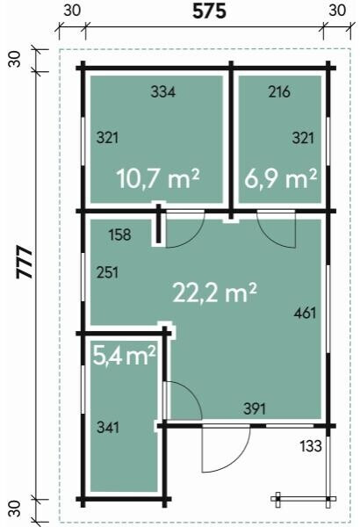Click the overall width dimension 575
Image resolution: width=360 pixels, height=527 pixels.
(209, 11)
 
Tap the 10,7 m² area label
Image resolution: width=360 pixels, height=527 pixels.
(158, 178)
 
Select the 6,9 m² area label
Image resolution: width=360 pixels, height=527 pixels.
(280, 178)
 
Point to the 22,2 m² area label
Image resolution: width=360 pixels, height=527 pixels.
(214, 292)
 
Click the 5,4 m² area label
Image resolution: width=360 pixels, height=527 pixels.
(124, 356)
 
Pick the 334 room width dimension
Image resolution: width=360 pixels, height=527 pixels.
(162, 91)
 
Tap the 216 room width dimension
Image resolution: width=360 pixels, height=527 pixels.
(279, 91)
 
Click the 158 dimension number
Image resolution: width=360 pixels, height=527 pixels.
(119, 235)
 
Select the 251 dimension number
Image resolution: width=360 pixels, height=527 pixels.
(108, 272)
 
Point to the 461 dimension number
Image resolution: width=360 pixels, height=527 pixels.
(305, 313)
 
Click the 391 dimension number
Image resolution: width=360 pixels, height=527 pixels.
(255, 408)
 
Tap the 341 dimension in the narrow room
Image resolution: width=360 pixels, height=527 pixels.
(108, 428)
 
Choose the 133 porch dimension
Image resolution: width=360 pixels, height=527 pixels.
(311, 446)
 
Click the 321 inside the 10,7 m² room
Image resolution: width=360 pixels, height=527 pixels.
(108, 138)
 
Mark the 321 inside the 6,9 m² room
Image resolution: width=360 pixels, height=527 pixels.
(303, 138)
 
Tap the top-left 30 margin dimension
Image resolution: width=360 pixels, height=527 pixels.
(72, 11)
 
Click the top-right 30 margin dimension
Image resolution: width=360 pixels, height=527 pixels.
(337, 11)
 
